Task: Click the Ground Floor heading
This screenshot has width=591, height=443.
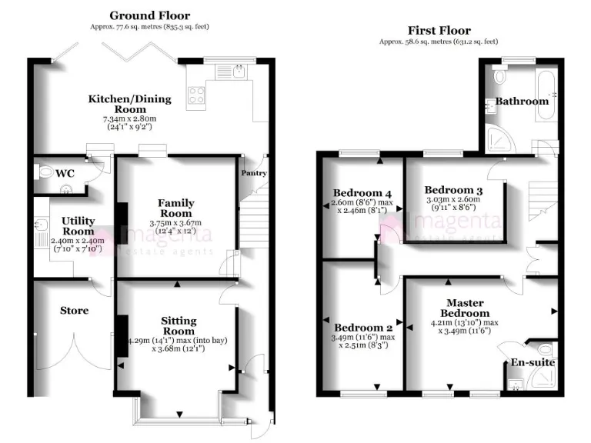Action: (149, 15)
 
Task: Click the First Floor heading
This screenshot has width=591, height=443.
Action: (439, 30)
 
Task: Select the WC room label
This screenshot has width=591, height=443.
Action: (65, 173)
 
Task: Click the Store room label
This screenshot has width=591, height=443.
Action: (74, 311)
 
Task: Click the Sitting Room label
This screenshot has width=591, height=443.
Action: (179, 325)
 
